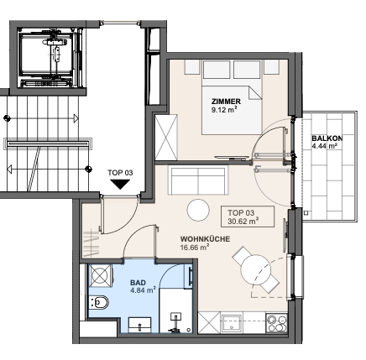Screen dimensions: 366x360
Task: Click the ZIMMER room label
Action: point(226,102)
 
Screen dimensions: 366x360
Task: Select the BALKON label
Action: point(327,138)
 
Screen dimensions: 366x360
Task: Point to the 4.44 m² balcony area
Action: point(324,146)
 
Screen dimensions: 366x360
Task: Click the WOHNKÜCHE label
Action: point(205,239)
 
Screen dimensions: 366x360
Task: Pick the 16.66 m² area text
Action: point(195,247)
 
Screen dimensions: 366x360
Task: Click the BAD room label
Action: point(138,283)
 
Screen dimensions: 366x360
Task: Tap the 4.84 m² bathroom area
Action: point(143,290)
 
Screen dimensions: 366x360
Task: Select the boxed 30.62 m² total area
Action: point(243,222)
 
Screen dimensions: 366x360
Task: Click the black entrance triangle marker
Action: point(120,184)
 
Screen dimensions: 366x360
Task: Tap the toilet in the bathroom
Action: point(99,302)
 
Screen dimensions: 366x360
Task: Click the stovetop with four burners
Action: point(277,323)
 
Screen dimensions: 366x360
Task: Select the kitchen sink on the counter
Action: point(231,322)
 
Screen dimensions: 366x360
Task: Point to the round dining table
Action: point(256,270)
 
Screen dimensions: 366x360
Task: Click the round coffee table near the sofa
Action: point(198,210)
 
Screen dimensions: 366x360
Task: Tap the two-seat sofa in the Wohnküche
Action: point(198,180)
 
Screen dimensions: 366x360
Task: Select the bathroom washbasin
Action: point(139,325)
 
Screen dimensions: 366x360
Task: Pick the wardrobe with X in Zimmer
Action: point(166,138)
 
